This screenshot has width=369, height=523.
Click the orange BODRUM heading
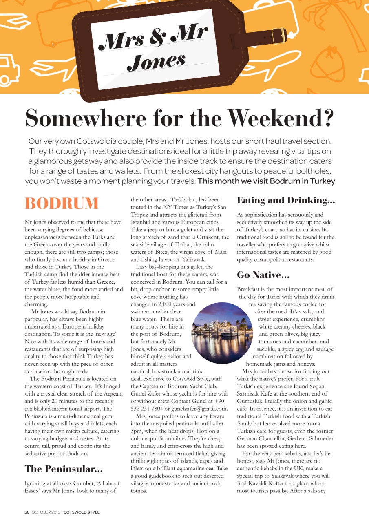[x=62, y=203]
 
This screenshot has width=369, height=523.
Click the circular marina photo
[x=222, y=333]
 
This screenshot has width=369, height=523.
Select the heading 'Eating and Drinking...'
[x=286, y=200]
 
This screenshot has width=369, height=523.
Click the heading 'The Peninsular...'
[x=63, y=468]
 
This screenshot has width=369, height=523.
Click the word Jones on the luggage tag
[x=156, y=61]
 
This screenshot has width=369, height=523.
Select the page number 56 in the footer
[x=27, y=512]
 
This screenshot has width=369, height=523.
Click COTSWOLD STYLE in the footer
[x=82, y=512]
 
